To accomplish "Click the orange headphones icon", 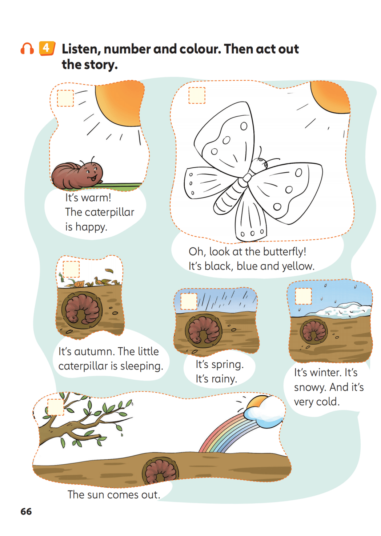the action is pyautogui.click(x=27, y=49).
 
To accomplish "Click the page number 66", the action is pyautogui.click(x=26, y=511).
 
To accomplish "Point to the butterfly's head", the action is pyautogui.click(x=261, y=163).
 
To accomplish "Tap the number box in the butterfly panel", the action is pyautogui.click(x=197, y=95).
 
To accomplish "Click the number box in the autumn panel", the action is pyautogui.click(x=71, y=269).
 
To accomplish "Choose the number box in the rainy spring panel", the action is pyautogui.click(x=188, y=301).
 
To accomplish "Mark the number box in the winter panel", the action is pyautogui.click(x=303, y=296).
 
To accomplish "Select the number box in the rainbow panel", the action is pyautogui.click(x=56, y=407).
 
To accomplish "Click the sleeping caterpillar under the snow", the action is pyautogui.click(x=313, y=331).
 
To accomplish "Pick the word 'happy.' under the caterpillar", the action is pyautogui.click(x=91, y=227).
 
